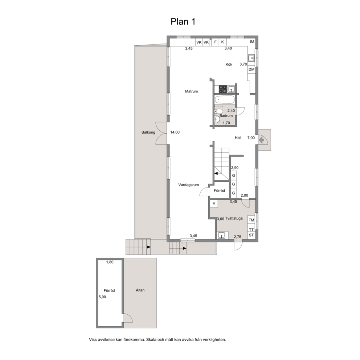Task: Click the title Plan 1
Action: (x=183, y=21)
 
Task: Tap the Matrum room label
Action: (x=191, y=91)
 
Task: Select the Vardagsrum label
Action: (x=188, y=185)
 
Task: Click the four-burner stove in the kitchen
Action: (x=223, y=89)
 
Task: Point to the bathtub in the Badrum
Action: (x=225, y=100)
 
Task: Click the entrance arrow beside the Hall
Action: (x=261, y=140)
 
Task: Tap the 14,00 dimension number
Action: (x=175, y=132)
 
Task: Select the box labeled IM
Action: (x=252, y=42)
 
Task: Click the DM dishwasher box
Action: (x=251, y=69)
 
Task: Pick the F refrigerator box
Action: (x=215, y=42)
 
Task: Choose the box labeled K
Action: (x=222, y=42)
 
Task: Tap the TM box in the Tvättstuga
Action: (x=251, y=220)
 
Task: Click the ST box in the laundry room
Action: (x=251, y=235)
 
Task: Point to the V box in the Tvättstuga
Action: (x=214, y=204)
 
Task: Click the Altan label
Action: (x=140, y=290)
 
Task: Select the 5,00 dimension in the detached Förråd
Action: (x=102, y=297)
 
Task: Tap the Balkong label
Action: (x=148, y=132)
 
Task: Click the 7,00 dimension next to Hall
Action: (x=251, y=138)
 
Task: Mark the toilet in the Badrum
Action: (x=218, y=111)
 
